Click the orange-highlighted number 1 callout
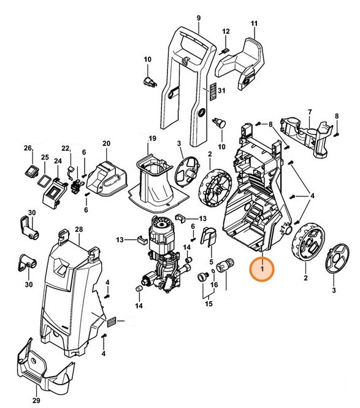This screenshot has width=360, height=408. (262, 268)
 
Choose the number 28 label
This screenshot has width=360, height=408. (78, 229)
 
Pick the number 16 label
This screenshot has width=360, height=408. (214, 285)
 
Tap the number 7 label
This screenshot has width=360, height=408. (310, 112)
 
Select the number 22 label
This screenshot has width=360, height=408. (66, 148)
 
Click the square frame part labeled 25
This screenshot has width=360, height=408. (44, 180)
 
